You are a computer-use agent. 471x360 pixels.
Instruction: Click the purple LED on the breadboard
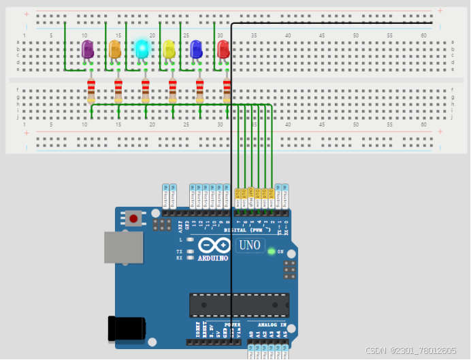(87, 49)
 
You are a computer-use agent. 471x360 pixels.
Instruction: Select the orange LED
(115, 49)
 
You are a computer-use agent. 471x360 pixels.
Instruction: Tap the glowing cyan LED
(142, 48)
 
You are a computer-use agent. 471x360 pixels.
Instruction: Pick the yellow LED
(169, 49)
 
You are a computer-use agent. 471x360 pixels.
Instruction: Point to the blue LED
(197, 49)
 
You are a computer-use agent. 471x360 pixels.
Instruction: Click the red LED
(223, 49)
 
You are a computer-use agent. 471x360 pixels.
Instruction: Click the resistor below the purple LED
(91, 91)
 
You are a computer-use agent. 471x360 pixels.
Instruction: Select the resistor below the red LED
(227, 91)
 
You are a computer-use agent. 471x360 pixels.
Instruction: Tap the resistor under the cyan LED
(145, 91)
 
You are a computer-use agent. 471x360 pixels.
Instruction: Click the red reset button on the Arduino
(134, 219)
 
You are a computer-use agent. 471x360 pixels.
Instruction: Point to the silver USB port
(123, 247)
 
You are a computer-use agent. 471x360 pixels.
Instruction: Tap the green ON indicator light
(272, 252)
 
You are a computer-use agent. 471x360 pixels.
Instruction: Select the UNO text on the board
(249, 245)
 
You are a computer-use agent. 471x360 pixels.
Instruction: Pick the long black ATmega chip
(239, 305)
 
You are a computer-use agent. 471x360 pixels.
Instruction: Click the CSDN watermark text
(410, 350)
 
